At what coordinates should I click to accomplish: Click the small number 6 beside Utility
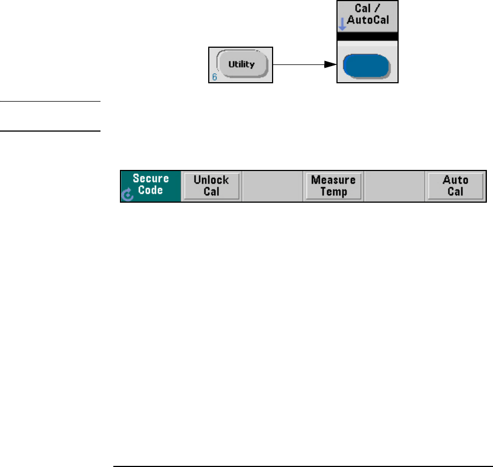(214, 77)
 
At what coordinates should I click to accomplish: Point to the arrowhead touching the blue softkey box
(331, 65)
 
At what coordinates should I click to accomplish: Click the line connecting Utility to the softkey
(300, 65)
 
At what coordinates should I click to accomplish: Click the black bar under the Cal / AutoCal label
(368, 36)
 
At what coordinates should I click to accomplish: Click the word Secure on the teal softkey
(150, 179)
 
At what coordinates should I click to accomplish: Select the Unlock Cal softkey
(212, 186)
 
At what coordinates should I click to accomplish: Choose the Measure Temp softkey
(333, 186)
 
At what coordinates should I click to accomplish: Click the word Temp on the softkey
(333, 192)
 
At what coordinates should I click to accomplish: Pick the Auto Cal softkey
(455, 186)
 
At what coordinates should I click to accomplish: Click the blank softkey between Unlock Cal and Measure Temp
(273, 186)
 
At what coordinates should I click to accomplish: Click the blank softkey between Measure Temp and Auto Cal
(394, 186)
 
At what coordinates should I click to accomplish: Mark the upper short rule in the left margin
(50, 102)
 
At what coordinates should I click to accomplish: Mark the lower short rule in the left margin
(50, 131)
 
